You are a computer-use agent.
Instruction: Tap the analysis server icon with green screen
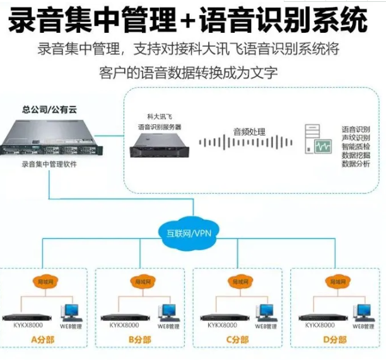[317, 139]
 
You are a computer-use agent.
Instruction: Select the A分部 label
[44, 340]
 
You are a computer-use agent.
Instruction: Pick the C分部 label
[237, 340]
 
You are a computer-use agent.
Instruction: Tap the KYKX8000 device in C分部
[222, 316]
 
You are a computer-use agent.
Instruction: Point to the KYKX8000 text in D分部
[320, 325]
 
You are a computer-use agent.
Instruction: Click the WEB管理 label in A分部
[70, 327]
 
